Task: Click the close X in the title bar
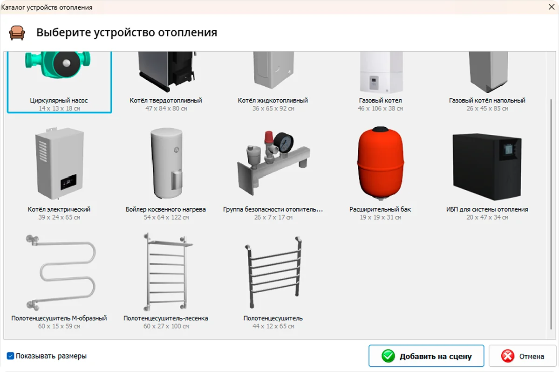tap(551, 7)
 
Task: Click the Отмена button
tap(523, 356)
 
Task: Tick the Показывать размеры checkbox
tap(10, 356)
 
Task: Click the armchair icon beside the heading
tap(17, 33)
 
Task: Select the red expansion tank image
tap(380, 163)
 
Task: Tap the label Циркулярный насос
tap(59, 100)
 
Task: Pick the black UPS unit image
tap(487, 166)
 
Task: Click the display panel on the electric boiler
tap(68, 181)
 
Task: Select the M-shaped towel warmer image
tap(61, 272)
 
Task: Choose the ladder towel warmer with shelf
tap(167, 272)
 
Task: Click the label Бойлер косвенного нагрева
tap(166, 209)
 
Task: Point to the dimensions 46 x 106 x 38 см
tap(380, 108)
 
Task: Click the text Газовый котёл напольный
tap(487, 100)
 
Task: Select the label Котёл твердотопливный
tap(166, 100)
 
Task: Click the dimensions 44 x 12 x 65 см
tap(273, 326)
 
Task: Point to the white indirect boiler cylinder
tap(166, 163)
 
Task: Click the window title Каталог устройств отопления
tap(47, 7)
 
